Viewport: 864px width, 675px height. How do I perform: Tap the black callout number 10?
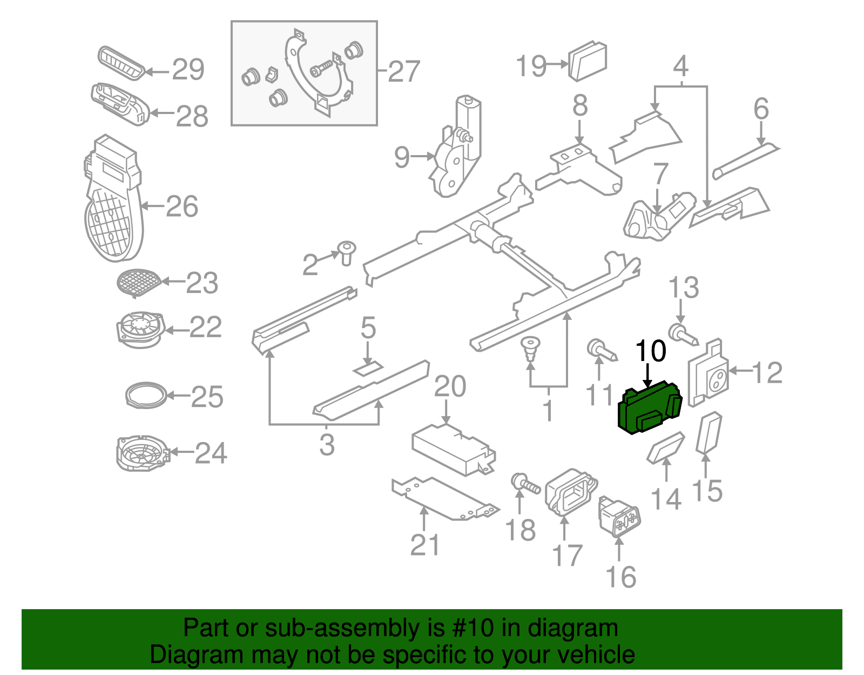651,351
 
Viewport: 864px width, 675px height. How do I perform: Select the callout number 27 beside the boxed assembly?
404,71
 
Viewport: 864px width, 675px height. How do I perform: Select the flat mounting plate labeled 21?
443,498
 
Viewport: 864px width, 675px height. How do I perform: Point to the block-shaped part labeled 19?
588,61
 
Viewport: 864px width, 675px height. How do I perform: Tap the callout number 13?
684,288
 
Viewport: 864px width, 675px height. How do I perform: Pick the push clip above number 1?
531,347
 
